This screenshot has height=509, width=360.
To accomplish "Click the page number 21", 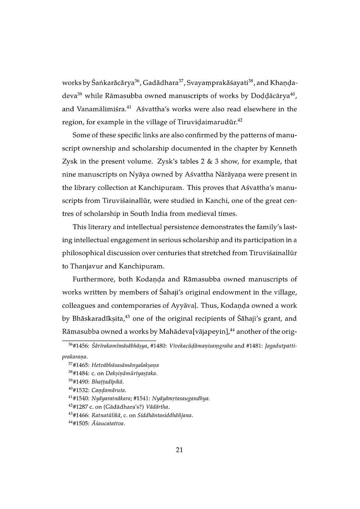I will point(179,450).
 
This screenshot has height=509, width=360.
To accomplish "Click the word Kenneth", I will point(283,148).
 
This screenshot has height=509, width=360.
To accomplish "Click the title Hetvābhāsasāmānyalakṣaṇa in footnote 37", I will point(125,365).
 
